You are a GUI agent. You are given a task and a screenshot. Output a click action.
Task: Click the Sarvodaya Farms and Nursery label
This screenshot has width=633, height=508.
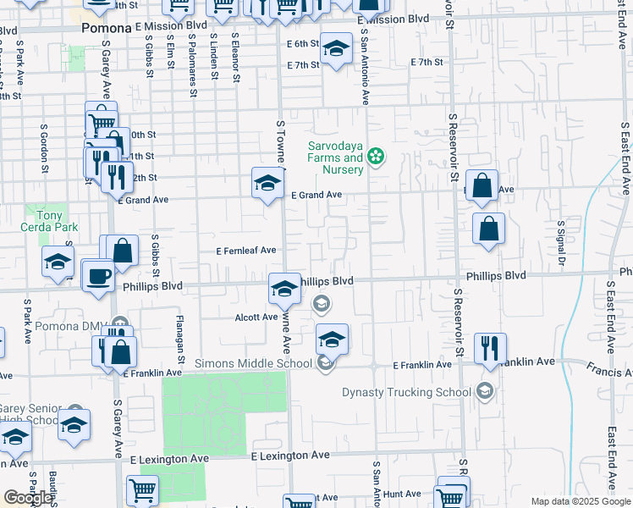(x=335, y=157)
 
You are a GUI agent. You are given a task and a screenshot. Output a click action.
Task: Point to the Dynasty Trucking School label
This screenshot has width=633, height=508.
(x=406, y=392)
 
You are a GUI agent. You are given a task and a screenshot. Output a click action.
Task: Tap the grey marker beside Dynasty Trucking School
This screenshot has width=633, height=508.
(x=483, y=391)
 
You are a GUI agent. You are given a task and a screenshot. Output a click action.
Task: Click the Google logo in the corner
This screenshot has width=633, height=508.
(x=28, y=497)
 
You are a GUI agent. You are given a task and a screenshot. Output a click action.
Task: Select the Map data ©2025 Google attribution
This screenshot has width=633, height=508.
(x=580, y=501)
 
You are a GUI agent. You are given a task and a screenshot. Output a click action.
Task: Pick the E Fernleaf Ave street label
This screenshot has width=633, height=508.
(x=246, y=251)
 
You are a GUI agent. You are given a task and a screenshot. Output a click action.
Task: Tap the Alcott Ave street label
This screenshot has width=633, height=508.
(x=256, y=317)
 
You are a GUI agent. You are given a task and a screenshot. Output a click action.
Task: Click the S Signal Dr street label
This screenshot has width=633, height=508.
(x=560, y=242)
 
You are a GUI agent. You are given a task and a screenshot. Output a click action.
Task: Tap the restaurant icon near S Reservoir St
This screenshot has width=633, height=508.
(x=490, y=348)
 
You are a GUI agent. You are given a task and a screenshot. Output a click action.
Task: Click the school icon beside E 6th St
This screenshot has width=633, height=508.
(x=336, y=49)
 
